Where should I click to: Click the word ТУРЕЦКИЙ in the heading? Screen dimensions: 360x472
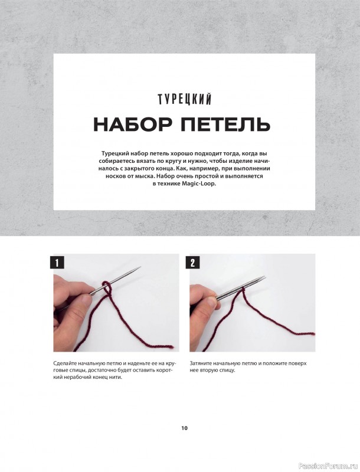[x=185, y=99]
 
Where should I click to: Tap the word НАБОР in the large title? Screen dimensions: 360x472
[x=133, y=124]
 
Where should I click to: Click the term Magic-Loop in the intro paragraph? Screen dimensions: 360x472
[x=199, y=183]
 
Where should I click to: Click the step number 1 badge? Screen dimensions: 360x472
[x=57, y=263]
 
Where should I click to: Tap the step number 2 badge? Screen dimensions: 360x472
[x=193, y=263]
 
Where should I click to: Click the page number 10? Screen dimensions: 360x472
[x=184, y=428]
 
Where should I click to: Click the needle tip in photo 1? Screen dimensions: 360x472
[x=140, y=267]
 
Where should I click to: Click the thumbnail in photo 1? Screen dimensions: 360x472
[x=87, y=300]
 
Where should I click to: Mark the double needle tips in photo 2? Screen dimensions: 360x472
[x=262, y=278]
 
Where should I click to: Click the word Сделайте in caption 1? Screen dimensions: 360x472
[x=63, y=363]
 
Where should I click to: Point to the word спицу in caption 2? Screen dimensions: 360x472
[x=228, y=371]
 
